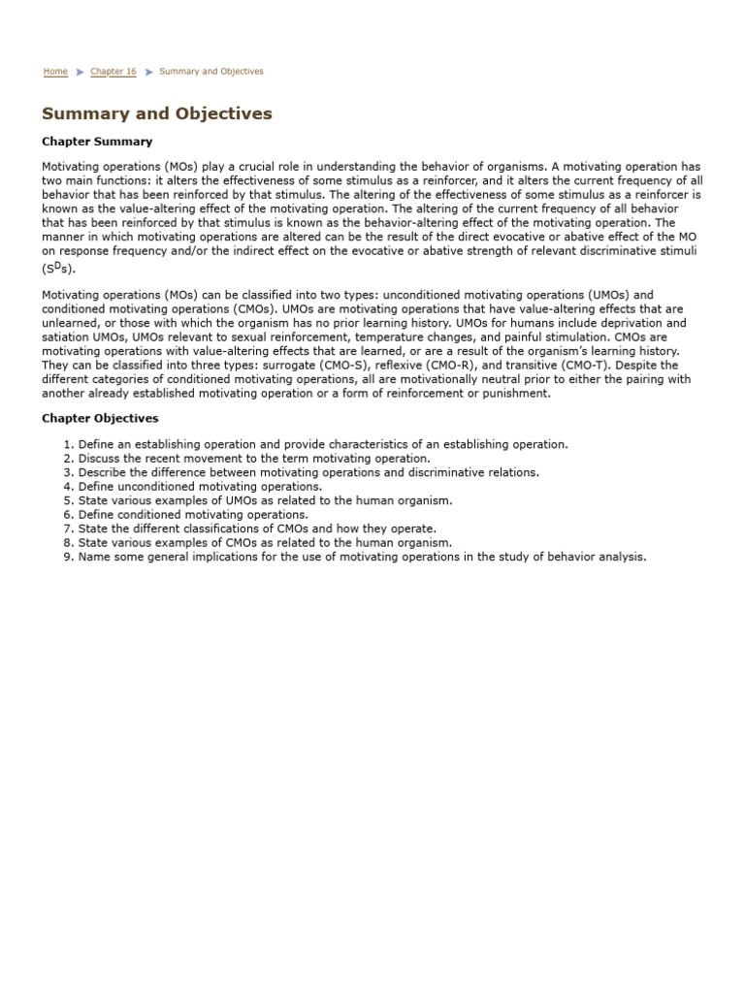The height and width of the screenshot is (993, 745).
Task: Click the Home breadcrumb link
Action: pos(55,72)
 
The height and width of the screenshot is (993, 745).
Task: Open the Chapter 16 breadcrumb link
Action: pos(113,72)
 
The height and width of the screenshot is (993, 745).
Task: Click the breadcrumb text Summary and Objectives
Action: pos(211,72)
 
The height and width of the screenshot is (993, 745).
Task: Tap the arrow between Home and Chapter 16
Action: pos(80,72)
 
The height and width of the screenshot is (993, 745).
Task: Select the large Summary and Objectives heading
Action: pos(157,114)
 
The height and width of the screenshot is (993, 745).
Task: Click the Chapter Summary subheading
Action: pos(97,142)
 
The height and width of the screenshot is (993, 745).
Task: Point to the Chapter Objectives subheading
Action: pos(100,419)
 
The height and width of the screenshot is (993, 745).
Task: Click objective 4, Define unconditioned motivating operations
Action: pos(200,486)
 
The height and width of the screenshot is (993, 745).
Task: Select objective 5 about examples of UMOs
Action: pos(265,500)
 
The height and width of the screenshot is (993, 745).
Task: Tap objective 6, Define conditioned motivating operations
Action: pos(193,515)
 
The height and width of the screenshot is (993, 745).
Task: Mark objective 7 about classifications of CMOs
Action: pos(257,529)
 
